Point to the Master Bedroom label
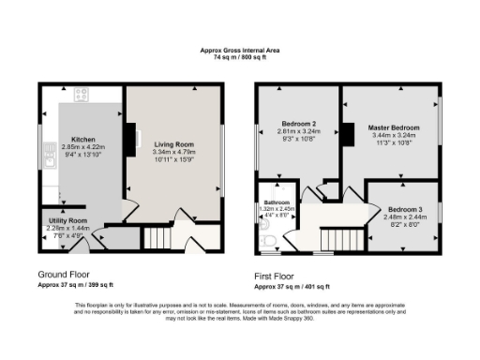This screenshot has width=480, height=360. (x=392, y=127)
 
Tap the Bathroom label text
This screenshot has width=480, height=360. (x=277, y=202)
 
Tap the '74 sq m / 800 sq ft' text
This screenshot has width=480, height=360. (x=239, y=57)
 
